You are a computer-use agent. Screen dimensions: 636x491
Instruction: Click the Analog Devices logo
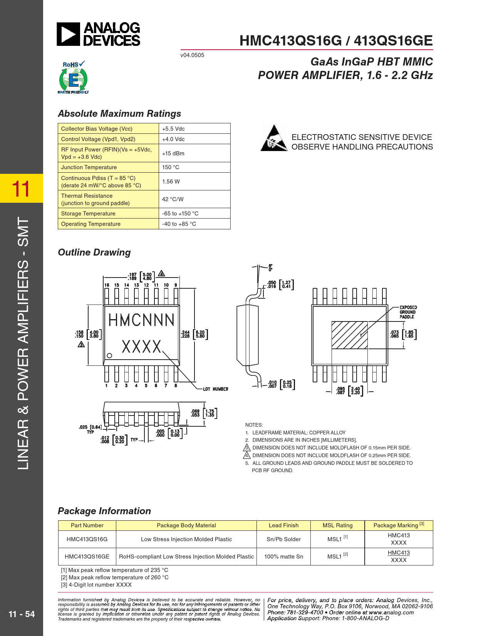99,34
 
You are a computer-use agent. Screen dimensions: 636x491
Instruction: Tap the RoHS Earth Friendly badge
73,77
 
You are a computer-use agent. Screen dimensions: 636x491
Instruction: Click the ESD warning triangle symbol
274,138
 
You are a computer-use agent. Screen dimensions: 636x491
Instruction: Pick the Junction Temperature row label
89,167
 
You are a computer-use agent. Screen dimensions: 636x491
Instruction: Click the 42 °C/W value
173,199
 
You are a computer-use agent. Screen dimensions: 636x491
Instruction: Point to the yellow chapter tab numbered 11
21,188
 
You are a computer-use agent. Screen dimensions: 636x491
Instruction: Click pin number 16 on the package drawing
107,285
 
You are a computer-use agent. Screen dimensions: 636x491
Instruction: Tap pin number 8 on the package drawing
176,385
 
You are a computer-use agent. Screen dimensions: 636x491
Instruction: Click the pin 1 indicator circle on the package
109,355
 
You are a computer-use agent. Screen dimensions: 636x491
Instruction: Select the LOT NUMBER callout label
216,389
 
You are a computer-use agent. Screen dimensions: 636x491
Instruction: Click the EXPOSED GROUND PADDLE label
408,312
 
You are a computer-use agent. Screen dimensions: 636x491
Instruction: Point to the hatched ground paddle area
349,335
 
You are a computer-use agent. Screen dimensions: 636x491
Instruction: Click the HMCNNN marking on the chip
141,320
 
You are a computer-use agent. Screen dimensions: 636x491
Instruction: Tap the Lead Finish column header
283,525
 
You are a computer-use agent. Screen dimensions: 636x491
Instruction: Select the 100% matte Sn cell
283,557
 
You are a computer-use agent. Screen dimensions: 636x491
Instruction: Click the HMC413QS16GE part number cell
87,557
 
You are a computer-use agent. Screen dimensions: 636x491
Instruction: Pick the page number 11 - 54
22,614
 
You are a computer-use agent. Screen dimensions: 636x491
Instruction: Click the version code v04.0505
192,55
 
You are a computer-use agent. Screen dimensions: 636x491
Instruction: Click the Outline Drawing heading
94,252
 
